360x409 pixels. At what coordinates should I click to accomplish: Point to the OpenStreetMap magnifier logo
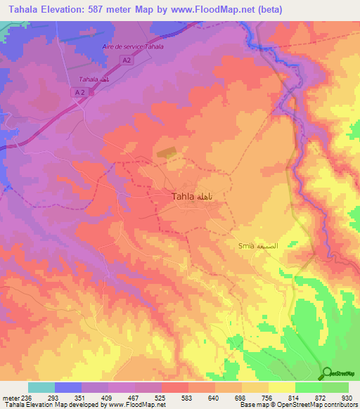(327, 372)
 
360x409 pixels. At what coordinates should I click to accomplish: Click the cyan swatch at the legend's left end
(41, 387)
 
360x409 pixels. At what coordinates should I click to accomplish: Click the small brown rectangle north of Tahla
(167, 151)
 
